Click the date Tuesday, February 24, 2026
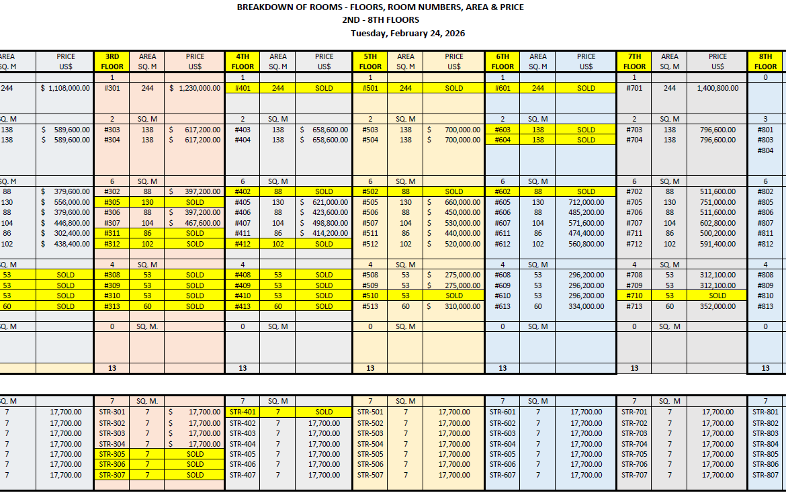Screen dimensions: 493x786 pyautogui.click(x=408, y=33)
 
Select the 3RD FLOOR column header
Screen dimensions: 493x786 pyautogui.click(x=112, y=62)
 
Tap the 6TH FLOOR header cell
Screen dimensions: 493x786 pyautogui.click(x=503, y=62)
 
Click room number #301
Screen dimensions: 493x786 pyautogui.click(x=112, y=88)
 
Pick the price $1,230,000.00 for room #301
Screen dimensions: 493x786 pyautogui.click(x=195, y=88)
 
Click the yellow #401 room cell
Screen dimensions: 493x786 pyautogui.click(x=243, y=88)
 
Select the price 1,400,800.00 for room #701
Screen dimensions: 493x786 pyautogui.click(x=717, y=88)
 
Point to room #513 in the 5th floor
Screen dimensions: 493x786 pyautogui.click(x=370, y=306)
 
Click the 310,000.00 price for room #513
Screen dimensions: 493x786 pyautogui.click(x=454, y=306)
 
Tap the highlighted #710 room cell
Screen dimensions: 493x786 pyautogui.click(x=634, y=296)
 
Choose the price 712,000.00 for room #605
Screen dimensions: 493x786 pyautogui.click(x=586, y=202)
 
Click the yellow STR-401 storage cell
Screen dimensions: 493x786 pyautogui.click(x=243, y=412)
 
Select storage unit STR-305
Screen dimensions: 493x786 pyautogui.click(x=112, y=454)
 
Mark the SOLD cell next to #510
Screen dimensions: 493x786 pyautogui.click(x=454, y=296)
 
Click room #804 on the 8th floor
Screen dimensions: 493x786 pyautogui.click(x=765, y=150)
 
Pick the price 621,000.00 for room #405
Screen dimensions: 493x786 pyautogui.click(x=324, y=202)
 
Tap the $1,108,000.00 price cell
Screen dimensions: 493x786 pyautogui.click(x=65, y=88)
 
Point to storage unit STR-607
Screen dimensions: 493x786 pyautogui.click(x=503, y=475)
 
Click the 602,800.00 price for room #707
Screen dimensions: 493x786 pyautogui.click(x=717, y=223)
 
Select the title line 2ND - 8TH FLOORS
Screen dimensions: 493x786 pyautogui.click(x=380, y=19)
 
